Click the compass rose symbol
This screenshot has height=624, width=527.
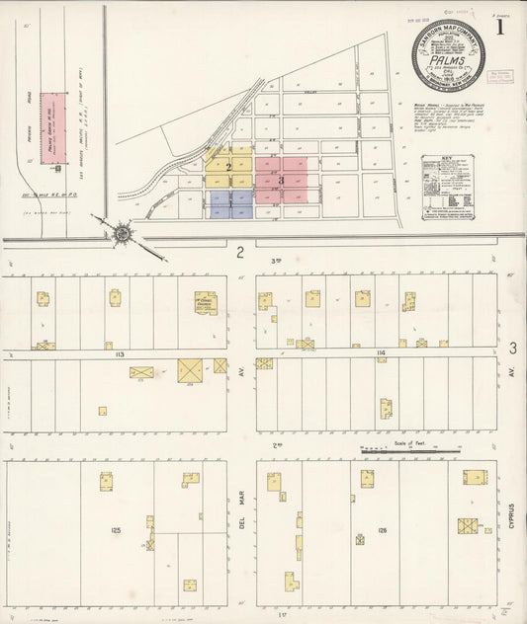122,233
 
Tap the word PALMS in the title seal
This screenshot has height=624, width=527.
451,55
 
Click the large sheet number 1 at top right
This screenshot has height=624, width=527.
500,27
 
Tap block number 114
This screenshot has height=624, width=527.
380,351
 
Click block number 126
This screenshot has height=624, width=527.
382,530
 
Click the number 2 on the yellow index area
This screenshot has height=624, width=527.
228,168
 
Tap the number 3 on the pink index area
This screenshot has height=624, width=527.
282,181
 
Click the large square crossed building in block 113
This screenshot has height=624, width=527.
190,370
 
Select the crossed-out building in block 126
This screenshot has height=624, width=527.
467,526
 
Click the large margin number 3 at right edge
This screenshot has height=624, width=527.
512,348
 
